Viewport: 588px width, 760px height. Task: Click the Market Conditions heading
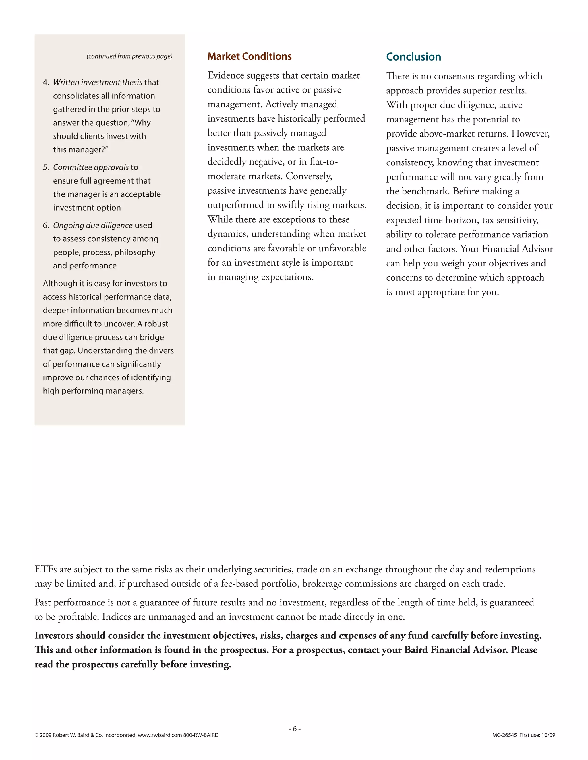point(249,56)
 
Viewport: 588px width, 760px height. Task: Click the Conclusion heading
point(413,57)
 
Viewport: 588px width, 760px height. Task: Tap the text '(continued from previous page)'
point(129,56)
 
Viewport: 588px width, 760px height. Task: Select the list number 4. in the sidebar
point(46,83)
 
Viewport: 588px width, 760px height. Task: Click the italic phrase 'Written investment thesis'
point(98,83)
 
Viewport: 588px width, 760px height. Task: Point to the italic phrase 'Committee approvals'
point(91,167)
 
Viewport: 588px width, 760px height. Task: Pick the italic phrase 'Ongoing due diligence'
point(93,225)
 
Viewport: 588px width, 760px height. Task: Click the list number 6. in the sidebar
point(46,225)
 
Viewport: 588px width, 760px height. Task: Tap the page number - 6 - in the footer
point(294,729)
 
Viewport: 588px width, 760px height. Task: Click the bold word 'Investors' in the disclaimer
point(54,636)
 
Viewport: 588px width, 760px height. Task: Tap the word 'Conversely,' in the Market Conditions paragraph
point(309,176)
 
